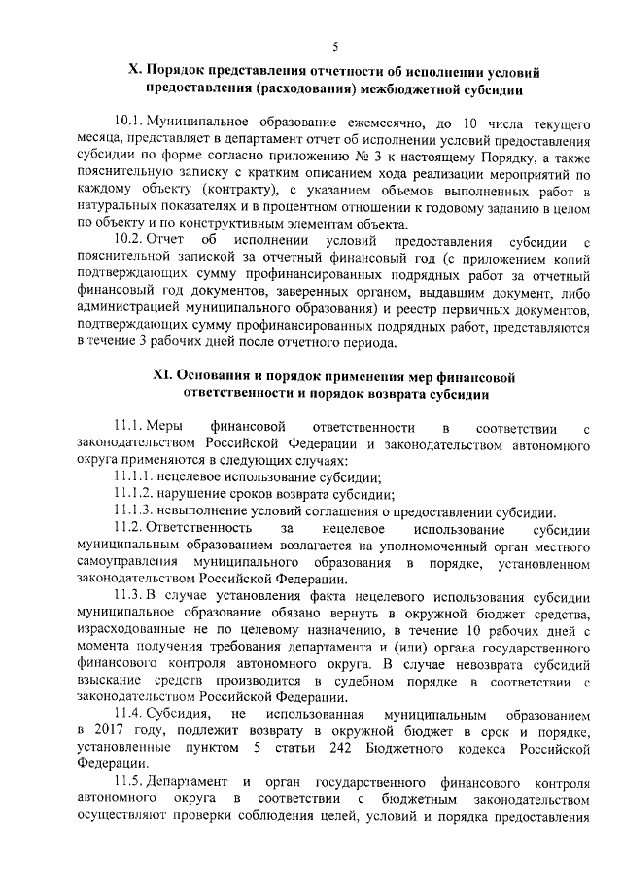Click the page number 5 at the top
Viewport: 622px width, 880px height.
pos(334,47)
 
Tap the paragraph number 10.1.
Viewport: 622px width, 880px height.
pos(127,127)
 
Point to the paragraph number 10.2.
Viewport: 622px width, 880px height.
pos(127,239)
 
